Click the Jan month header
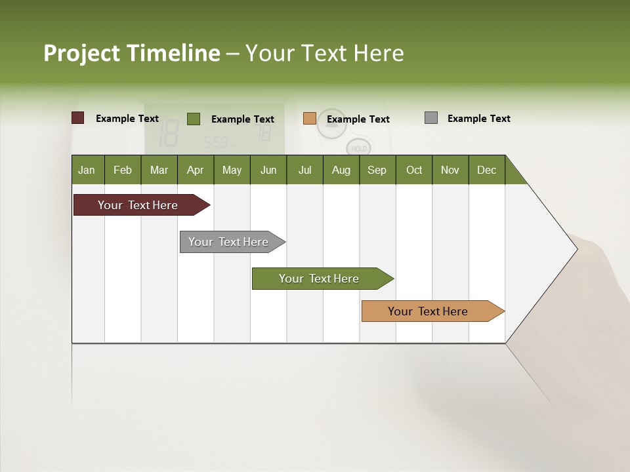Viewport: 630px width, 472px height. (x=87, y=170)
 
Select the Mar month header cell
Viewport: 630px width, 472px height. (x=159, y=170)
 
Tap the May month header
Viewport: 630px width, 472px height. (x=232, y=170)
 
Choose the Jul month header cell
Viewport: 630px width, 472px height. (x=304, y=170)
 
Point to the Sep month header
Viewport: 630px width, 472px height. (x=377, y=170)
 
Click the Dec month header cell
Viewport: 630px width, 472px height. (x=486, y=170)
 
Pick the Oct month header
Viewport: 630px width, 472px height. (x=414, y=170)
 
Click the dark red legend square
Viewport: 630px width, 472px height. (x=78, y=118)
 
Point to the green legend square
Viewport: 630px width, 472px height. (x=194, y=119)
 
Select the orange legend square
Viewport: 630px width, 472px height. (x=310, y=119)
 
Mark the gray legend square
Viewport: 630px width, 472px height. (x=431, y=118)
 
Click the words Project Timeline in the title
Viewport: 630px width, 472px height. (x=132, y=53)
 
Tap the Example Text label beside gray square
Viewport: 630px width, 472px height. (x=478, y=119)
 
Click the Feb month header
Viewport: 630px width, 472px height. (x=123, y=170)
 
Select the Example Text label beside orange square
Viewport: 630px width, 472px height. (x=358, y=119)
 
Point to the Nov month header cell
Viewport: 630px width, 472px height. (x=450, y=170)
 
